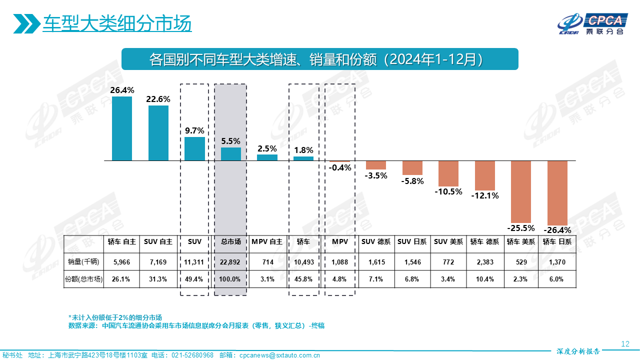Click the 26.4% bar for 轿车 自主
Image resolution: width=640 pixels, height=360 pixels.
pos(122,128)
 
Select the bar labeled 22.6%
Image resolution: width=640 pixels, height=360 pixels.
pos(158,133)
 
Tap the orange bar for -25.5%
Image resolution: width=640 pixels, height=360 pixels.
pos(521,191)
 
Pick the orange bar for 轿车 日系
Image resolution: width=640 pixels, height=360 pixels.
pos(557,193)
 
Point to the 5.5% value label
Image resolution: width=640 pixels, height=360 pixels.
pos(230,141)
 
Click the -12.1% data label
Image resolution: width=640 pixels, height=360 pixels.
pos(485,195)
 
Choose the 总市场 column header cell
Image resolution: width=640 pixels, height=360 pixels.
pos(231,241)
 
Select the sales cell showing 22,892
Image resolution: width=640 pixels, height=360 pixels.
pos(231,261)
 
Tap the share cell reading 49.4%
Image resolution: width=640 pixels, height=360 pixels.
pos(194,279)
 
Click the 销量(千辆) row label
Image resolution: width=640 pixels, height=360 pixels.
pos(84,261)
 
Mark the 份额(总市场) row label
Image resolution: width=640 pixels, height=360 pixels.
pos(84,279)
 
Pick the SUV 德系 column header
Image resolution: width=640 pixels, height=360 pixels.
pos(376,241)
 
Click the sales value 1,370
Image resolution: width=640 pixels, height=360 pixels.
pos(557,261)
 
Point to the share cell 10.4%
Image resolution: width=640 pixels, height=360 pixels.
pos(485,279)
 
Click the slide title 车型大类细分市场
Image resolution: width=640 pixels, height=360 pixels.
pos(117,23)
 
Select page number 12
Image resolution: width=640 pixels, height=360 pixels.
pos(624,343)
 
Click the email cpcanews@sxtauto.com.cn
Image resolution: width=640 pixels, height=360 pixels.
pos(280,355)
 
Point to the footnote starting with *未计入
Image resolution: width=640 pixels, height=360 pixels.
pos(115,317)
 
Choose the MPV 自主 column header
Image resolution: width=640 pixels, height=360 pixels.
pos(267,241)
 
